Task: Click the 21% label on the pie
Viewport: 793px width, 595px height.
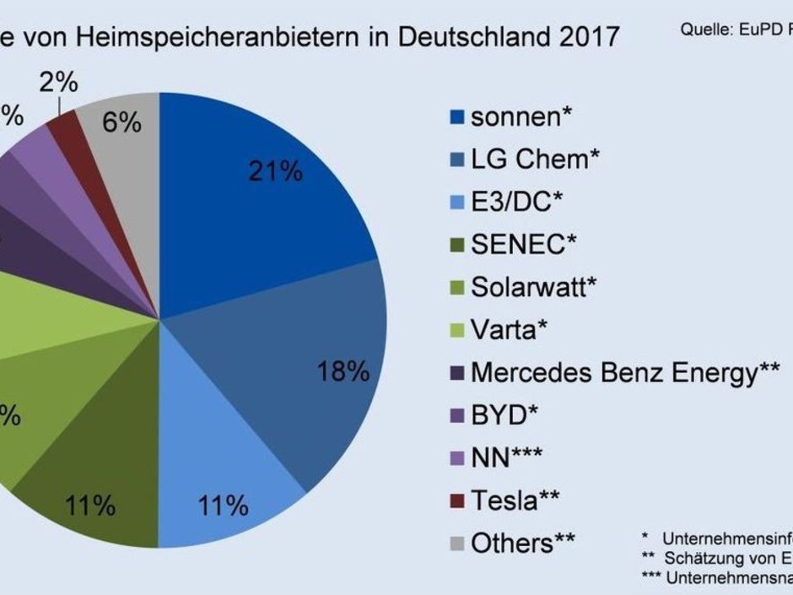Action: [x=275, y=171]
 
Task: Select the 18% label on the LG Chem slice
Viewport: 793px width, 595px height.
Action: [x=343, y=371]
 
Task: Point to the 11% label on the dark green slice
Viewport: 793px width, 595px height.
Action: [x=90, y=506]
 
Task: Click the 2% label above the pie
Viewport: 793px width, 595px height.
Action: [x=58, y=84]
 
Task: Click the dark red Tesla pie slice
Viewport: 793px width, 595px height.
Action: [x=63, y=127]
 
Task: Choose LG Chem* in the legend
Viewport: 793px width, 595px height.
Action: [x=536, y=159]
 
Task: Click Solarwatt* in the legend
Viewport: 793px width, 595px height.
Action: [x=533, y=287]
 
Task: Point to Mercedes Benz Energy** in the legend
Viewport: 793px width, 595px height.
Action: [x=624, y=372]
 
